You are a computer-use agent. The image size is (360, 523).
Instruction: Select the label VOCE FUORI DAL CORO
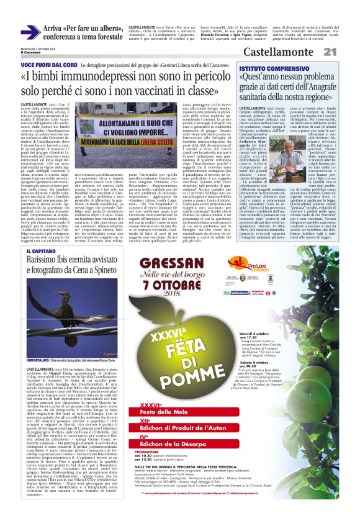pyautogui.click(x=45, y=65)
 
